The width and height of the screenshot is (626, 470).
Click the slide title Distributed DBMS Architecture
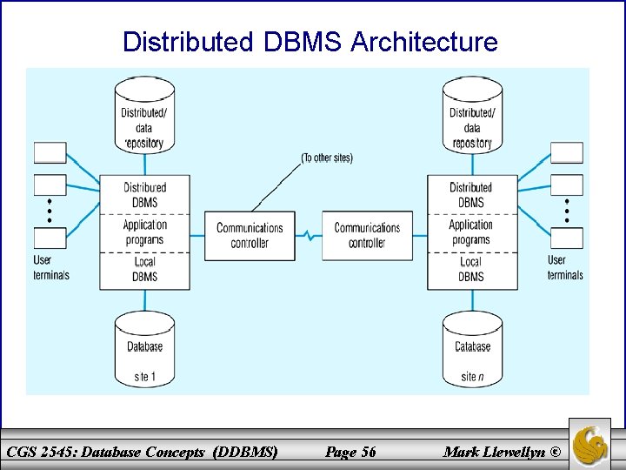[x=310, y=42]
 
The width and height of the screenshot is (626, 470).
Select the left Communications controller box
[x=250, y=235]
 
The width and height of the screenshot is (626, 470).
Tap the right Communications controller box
[x=367, y=235]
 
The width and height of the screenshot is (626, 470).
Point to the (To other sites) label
[x=327, y=158]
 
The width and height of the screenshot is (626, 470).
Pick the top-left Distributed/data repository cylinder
[x=144, y=117]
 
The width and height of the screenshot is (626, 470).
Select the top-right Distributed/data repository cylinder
[x=472, y=117]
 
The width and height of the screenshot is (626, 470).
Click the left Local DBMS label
[x=144, y=269]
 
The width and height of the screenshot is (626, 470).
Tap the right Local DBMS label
[x=470, y=269]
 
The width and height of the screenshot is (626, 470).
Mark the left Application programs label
[x=144, y=232]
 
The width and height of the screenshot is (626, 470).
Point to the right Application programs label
[x=470, y=232]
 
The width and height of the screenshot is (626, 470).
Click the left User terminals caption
[x=51, y=267]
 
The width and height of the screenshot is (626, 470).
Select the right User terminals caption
[x=565, y=267]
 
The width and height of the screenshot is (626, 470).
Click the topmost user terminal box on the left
[x=50, y=153]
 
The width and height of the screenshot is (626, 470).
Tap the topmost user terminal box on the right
[x=567, y=153]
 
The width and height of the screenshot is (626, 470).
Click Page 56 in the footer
[x=350, y=451]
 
